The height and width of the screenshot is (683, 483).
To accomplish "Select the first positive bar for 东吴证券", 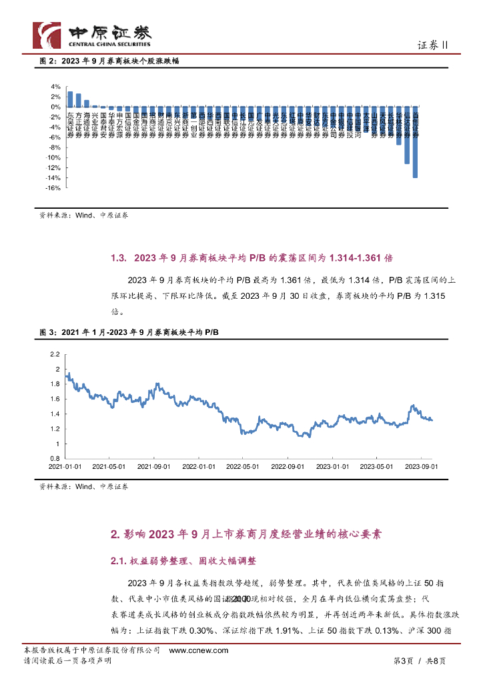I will tap(70, 99).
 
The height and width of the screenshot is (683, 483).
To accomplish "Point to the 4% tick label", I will tap(57, 87).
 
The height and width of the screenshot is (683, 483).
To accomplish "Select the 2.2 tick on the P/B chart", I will tap(55, 354).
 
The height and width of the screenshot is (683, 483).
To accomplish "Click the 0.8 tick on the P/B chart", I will tap(55, 458).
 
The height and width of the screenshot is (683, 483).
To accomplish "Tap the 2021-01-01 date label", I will tap(66, 467).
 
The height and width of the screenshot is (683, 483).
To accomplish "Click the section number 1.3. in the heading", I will tap(118, 257).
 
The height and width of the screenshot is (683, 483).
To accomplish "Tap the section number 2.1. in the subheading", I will tap(118, 560).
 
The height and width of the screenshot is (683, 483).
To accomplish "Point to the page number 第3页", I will tap(404, 660).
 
